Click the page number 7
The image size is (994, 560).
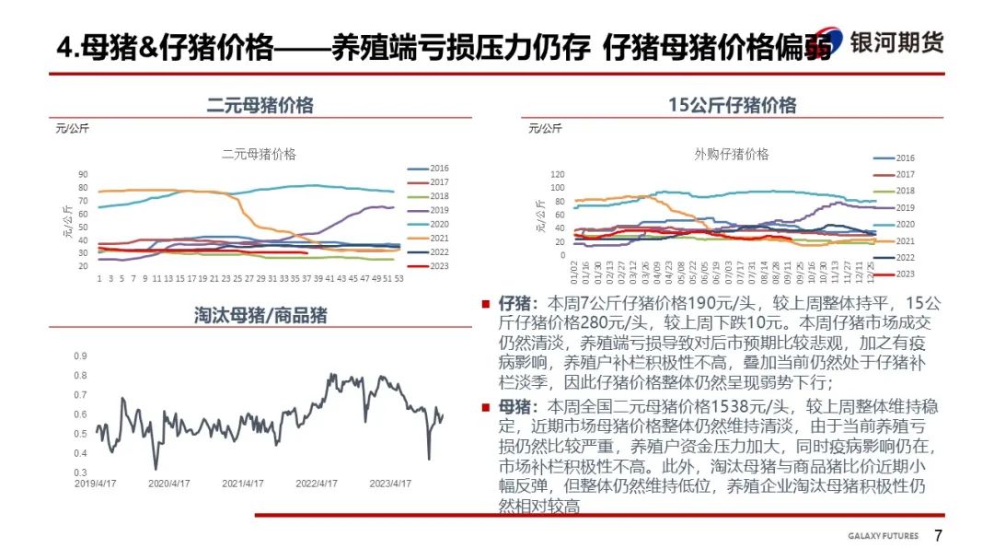[938, 536]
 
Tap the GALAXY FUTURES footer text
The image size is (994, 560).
[883, 537]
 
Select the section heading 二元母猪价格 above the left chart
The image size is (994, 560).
[260, 105]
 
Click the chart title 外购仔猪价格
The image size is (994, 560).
[732, 154]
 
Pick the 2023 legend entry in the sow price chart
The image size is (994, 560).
[439, 268]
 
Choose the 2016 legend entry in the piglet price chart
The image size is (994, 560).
[905, 158]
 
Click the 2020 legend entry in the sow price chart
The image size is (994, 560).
[439, 224]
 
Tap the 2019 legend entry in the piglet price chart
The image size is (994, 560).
[905, 208]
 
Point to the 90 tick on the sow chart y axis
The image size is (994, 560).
[82, 174]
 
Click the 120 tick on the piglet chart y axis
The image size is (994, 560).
[556, 174]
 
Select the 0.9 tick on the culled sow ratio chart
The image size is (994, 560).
[81, 356]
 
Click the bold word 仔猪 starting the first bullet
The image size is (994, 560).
[511, 303]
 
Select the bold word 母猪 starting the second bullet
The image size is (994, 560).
[511, 406]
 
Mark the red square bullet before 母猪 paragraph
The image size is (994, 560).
[485, 406]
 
